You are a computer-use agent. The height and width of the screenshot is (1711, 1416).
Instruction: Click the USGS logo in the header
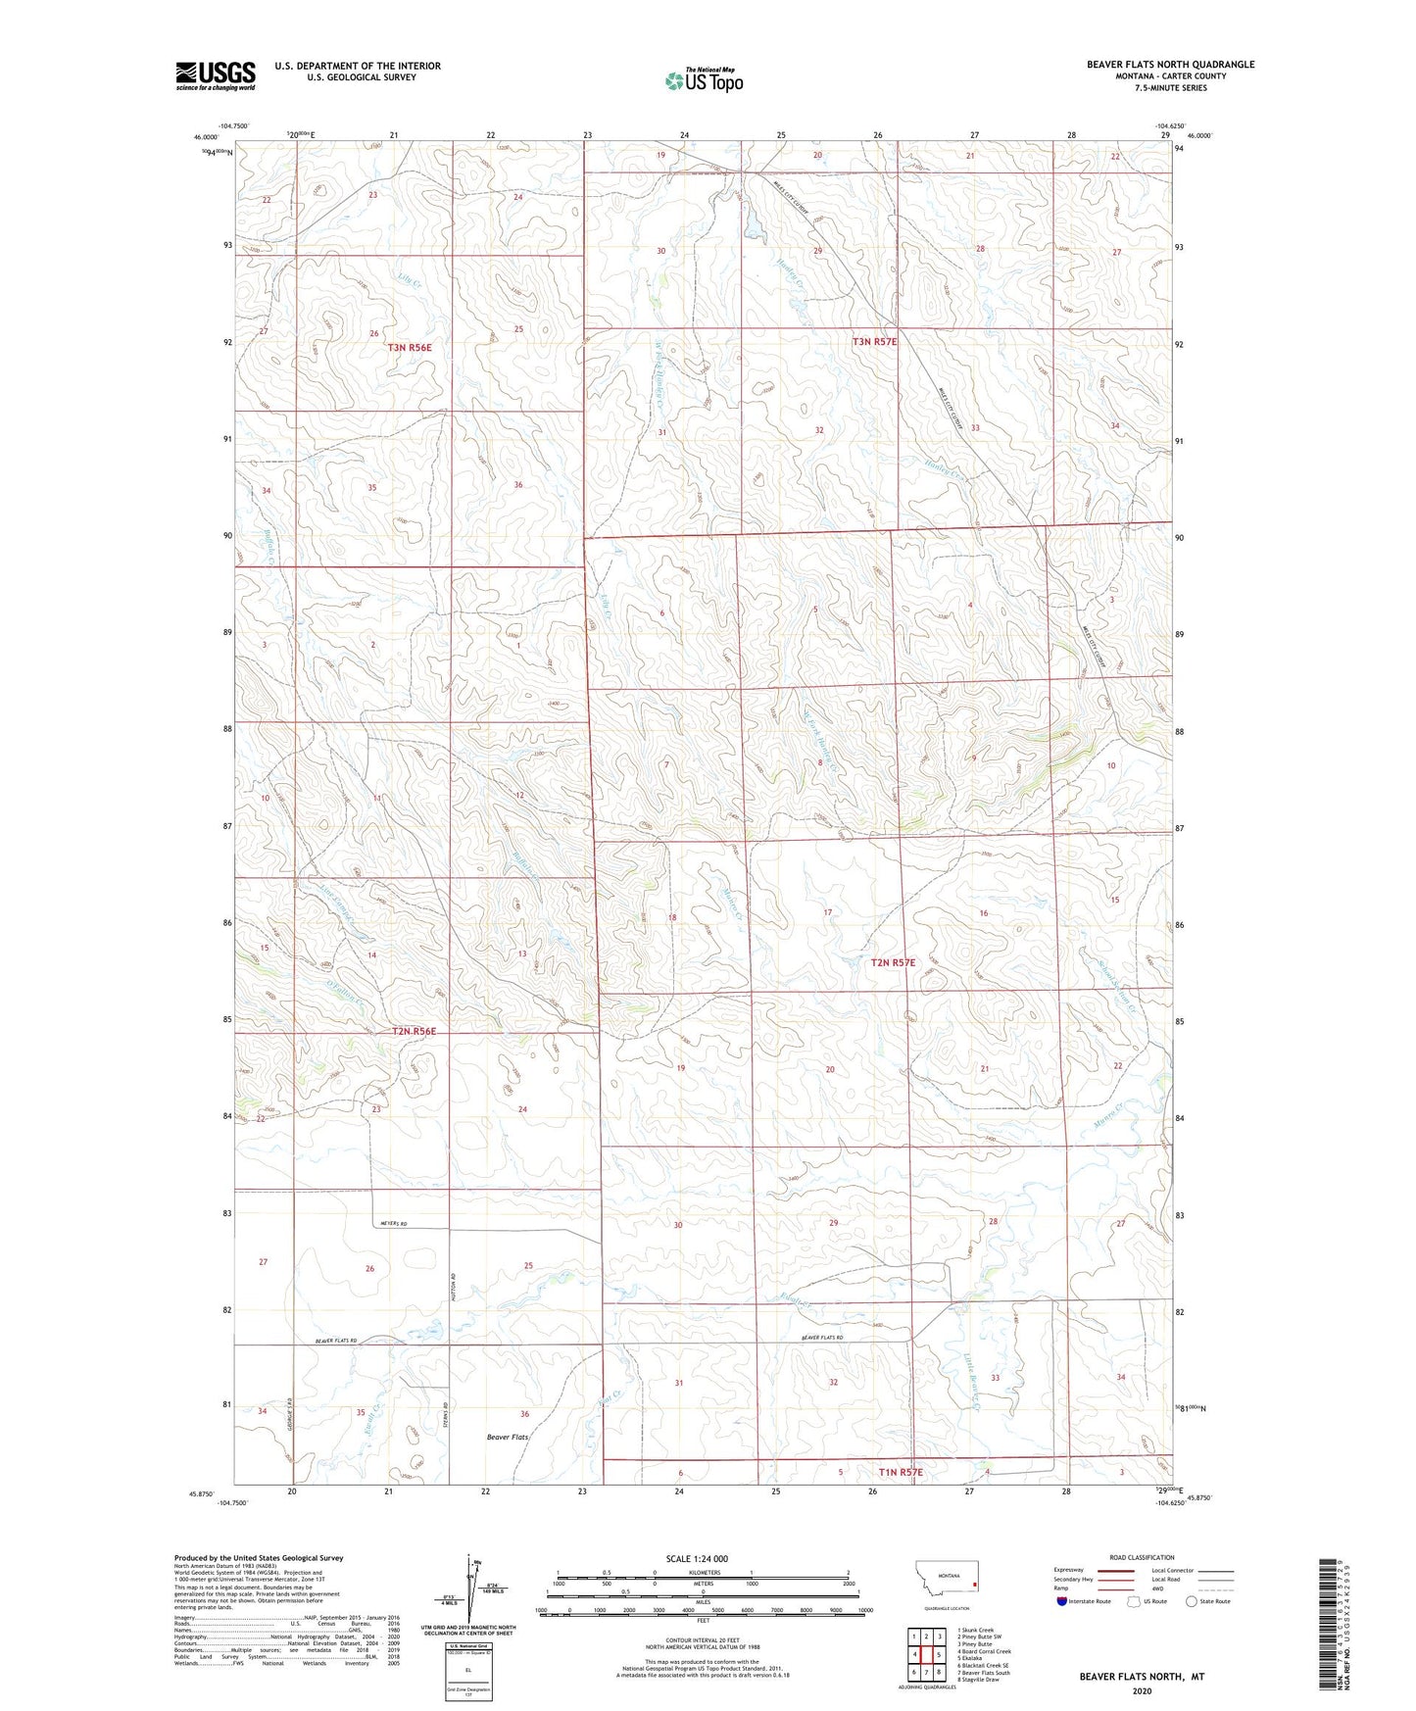(x=216, y=75)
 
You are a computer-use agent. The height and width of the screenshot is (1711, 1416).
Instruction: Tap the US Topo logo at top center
(x=703, y=80)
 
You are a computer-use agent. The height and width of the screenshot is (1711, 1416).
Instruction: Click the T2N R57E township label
(x=893, y=962)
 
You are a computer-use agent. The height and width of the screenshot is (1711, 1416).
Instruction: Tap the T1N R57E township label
(x=901, y=1472)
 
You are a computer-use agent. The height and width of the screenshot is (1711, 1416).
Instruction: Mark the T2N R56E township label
(x=413, y=1031)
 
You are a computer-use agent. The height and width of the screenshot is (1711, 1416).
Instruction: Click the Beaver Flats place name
(x=508, y=1437)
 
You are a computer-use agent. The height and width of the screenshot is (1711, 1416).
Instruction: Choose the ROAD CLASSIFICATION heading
(x=1142, y=1557)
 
